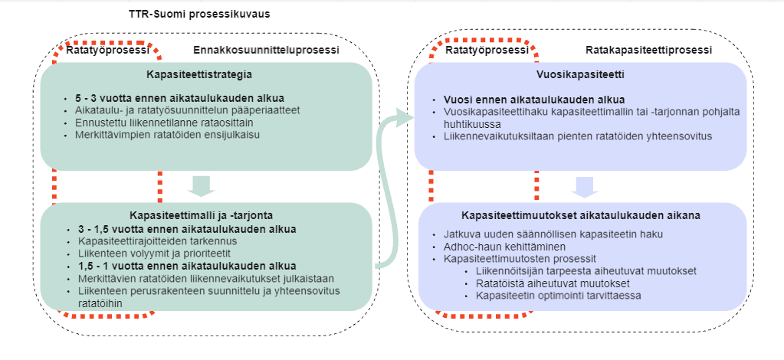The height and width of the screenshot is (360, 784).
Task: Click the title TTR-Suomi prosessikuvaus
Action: point(199,14)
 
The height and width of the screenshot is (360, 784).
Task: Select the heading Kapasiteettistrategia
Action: point(199,75)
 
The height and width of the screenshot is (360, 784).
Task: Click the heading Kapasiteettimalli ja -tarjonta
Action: point(202,215)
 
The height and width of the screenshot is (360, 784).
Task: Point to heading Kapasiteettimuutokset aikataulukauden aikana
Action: point(580,215)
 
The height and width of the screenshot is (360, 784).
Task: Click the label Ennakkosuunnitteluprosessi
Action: point(266,50)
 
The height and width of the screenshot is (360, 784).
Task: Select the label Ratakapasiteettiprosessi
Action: point(648,50)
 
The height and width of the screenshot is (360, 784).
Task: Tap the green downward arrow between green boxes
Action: point(202,185)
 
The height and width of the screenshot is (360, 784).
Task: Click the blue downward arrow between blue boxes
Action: point(585,186)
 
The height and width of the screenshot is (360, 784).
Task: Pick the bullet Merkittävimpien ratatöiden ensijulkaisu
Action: point(169,135)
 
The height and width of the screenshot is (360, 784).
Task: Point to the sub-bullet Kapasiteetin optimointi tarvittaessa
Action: point(559,296)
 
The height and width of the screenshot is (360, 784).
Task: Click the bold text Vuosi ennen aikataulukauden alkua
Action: point(534,99)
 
